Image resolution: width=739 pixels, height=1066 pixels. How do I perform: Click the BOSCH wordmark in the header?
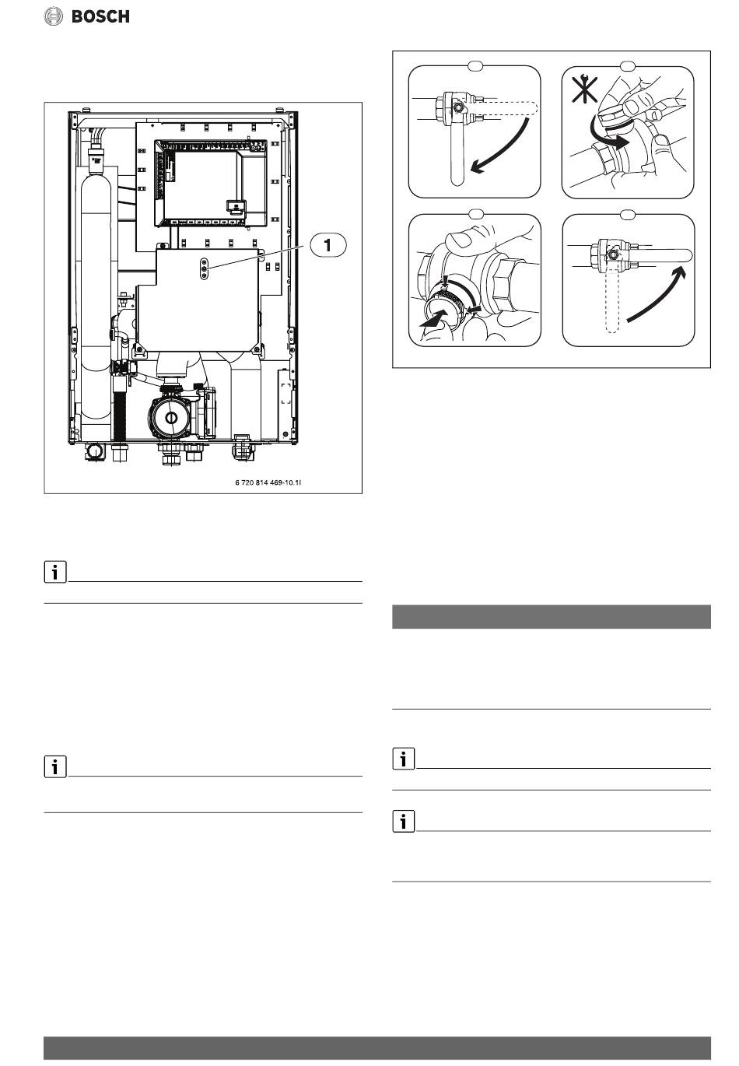(x=100, y=16)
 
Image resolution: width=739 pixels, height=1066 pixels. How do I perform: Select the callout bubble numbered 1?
(x=328, y=244)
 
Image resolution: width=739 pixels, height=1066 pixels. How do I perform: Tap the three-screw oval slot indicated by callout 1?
(x=203, y=266)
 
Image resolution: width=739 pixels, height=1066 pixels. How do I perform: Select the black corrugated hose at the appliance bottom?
(x=120, y=412)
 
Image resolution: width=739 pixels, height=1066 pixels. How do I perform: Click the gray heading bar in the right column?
(x=551, y=616)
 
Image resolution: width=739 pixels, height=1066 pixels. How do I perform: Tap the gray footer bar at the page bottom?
(x=377, y=1047)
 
